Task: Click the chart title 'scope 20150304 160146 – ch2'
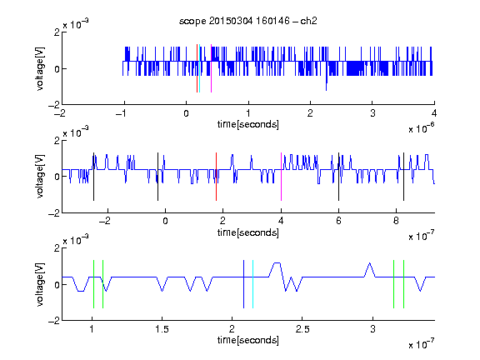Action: (248, 21)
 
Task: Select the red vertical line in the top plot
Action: (197, 68)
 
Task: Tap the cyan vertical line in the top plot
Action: (199, 68)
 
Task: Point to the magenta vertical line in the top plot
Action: (211, 68)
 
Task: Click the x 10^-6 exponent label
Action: (422, 128)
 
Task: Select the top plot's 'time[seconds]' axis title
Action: (248, 124)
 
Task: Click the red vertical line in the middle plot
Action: (216, 177)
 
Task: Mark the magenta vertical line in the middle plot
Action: (281, 177)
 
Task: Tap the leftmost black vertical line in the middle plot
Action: (93, 177)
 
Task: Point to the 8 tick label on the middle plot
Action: (396, 221)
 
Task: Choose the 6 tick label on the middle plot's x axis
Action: (338, 221)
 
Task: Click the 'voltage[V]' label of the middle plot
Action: (40, 177)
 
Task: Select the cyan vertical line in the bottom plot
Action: (252, 284)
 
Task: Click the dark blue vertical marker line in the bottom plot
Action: (243, 284)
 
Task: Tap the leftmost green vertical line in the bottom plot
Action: (93, 284)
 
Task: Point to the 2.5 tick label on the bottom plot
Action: (302, 329)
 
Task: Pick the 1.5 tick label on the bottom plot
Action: (162, 329)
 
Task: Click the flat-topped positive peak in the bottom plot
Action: (277, 263)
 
